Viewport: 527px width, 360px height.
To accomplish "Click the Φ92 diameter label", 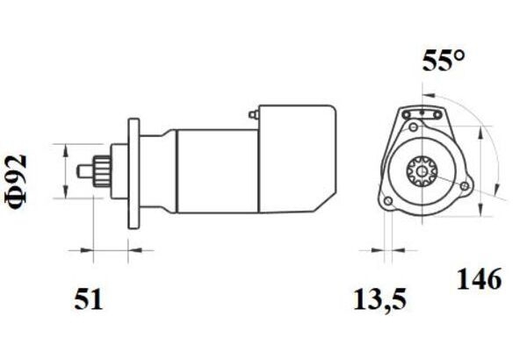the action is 16,182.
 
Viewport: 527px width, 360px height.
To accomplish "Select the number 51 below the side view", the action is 88,299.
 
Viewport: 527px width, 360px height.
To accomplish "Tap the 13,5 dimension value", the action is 379,299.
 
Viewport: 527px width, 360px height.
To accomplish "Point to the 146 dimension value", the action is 480,279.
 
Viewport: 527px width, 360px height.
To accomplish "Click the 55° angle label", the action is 444,61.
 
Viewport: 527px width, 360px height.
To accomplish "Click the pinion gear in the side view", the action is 102,171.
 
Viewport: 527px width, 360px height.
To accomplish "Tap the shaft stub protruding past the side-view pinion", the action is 85,170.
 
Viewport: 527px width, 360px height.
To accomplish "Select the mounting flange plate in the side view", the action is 134,174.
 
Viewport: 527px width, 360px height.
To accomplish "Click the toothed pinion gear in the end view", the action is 422,171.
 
